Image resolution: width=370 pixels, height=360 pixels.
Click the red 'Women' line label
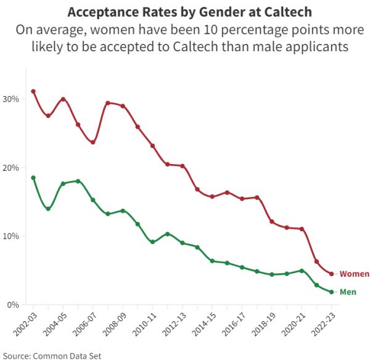355,274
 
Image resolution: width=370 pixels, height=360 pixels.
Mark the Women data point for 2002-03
33,91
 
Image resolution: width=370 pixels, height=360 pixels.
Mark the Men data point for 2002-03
33,178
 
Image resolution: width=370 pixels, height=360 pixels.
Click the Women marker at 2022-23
332,274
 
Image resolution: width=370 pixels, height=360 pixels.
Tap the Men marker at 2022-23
332,292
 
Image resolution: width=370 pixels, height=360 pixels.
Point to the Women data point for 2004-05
63,99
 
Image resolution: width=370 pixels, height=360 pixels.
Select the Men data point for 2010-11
152,242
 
